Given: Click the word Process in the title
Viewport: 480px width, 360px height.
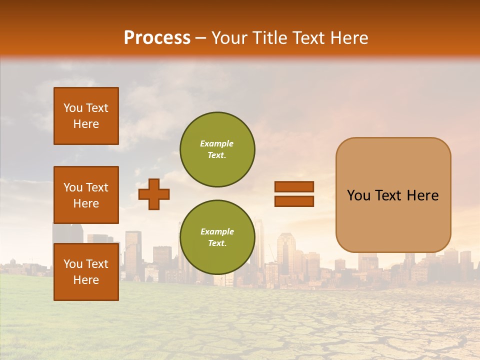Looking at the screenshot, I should pyautogui.click(x=157, y=38).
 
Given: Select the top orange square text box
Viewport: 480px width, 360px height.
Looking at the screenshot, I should pyautogui.click(x=86, y=116).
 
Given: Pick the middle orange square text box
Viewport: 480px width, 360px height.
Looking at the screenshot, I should pyautogui.click(x=86, y=195).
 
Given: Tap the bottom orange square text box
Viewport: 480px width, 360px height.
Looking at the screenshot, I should pyautogui.click(x=86, y=272).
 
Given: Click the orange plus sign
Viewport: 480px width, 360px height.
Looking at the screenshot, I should pyautogui.click(x=154, y=194).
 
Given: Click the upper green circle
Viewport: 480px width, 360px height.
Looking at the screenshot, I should pyautogui.click(x=217, y=149).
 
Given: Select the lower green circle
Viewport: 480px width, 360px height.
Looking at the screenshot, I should pyautogui.click(x=217, y=237).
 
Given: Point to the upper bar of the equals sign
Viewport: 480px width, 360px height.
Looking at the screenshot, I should pyautogui.click(x=294, y=187).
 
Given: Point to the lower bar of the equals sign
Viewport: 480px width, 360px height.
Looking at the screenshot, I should pyautogui.click(x=294, y=201).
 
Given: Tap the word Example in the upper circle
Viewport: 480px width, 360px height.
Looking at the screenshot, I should pyautogui.click(x=217, y=143).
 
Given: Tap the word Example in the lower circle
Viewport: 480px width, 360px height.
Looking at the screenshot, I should pyautogui.click(x=217, y=231).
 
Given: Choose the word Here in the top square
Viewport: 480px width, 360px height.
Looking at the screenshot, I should pyautogui.click(x=86, y=124).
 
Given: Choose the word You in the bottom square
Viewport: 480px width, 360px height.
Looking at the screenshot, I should pyautogui.click(x=73, y=264).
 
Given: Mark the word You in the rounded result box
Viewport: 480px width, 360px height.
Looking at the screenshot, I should pyautogui.click(x=358, y=195).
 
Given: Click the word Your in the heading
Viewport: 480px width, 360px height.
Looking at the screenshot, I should pyautogui.click(x=230, y=38).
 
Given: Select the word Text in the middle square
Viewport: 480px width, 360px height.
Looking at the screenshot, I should pyautogui.click(x=96, y=187).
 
